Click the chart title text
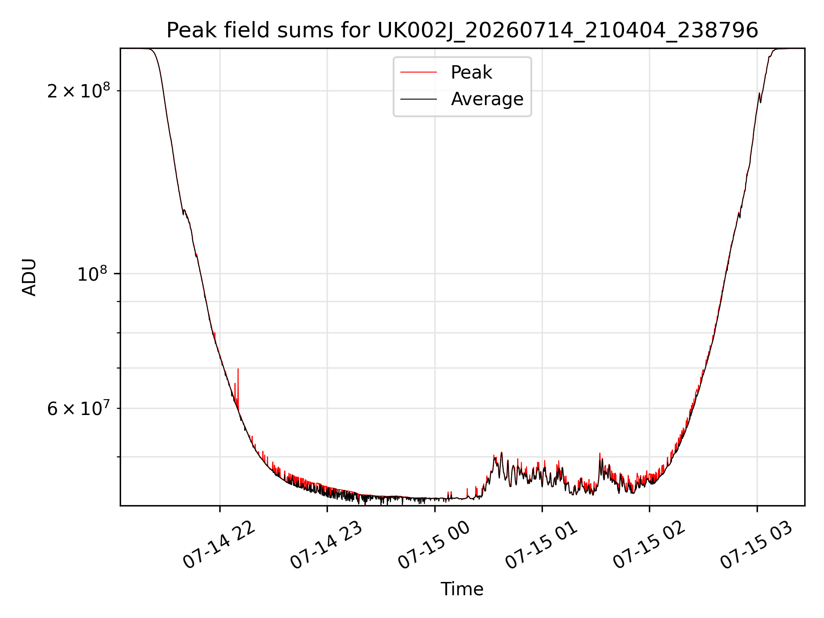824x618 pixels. [462, 30]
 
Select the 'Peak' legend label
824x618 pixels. [471, 72]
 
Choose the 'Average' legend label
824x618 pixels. [487, 99]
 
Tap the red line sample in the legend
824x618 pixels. [418, 72]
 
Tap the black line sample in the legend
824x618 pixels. [418, 99]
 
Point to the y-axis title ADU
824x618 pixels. [29, 277]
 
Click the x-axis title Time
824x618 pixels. [462, 589]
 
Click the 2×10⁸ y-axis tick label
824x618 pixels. [79, 90]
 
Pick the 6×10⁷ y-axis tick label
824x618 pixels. [79, 408]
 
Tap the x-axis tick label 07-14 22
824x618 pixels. [219, 545]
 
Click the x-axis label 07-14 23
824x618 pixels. [326, 545]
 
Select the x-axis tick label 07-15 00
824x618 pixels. [434, 545]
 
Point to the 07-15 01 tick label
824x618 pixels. [541, 545]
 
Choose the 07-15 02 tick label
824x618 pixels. [648, 545]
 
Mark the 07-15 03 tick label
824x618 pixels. [756, 545]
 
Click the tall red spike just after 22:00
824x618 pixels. [238, 386]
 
